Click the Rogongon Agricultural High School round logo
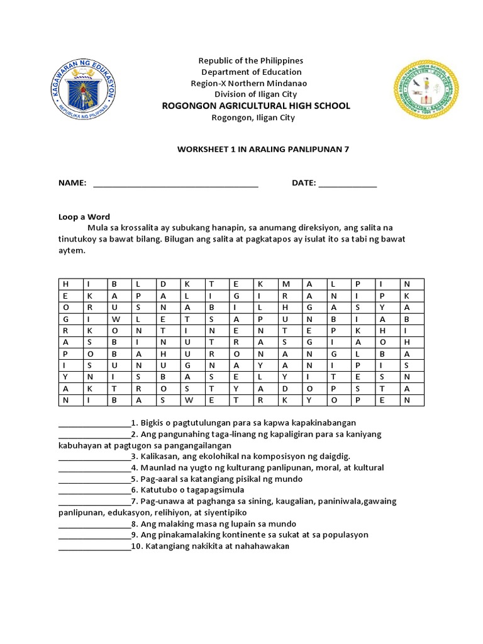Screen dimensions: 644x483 coord(426,90)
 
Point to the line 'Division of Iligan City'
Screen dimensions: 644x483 coord(255,94)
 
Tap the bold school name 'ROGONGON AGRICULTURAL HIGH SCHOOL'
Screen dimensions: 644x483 coord(256,106)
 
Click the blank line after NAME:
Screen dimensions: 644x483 coord(175,184)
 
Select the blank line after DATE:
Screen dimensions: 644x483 coord(347,184)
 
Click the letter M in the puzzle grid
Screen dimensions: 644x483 coord(285,284)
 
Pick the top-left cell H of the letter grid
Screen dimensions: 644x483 coord(65,284)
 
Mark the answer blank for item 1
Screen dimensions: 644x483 coord(94,424)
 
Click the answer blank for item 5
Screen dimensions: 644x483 coord(94,480)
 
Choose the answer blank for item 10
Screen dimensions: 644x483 coord(94,547)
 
